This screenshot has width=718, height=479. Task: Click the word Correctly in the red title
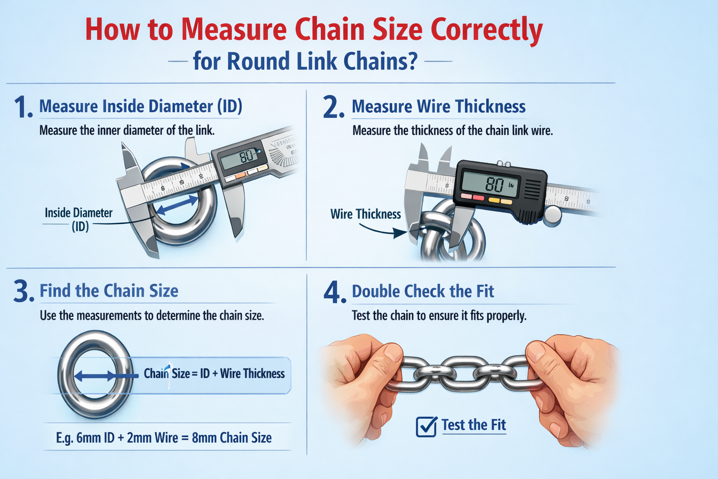pyautogui.click(x=486, y=30)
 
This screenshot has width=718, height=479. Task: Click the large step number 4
pyautogui.click(x=334, y=293)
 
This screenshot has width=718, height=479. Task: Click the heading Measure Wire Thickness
pyautogui.click(x=438, y=107)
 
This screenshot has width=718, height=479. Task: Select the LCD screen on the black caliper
pyautogui.click(x=489, y=184)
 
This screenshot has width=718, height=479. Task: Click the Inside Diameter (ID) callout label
pyautogui.click(x=79, y=219)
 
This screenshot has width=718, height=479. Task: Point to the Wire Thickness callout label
pyautogui.click(x=366, y=214)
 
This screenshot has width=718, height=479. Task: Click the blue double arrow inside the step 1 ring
pyautogui.click(x=177, y=206)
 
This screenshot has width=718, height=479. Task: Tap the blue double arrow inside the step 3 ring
pyautogui.click(x=95, y=375)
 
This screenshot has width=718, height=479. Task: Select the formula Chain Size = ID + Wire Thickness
pyautogui.click(x=214, y=374)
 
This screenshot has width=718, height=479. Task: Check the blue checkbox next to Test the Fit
pyautogui.click(x=426, y=426)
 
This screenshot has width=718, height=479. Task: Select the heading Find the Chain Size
pyautogui.click(x=109, y=291)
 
